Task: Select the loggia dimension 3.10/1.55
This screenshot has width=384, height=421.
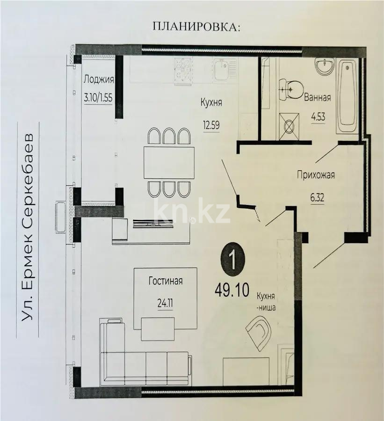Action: coord(98,99)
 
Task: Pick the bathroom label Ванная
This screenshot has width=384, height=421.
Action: coord(317,98)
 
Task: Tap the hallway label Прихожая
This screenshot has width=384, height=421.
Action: coord(316,175)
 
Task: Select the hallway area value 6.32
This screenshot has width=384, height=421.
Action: coord(317,197)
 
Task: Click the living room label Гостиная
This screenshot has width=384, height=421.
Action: coord(165,281)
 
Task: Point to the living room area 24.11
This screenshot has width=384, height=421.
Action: coord(165,302)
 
